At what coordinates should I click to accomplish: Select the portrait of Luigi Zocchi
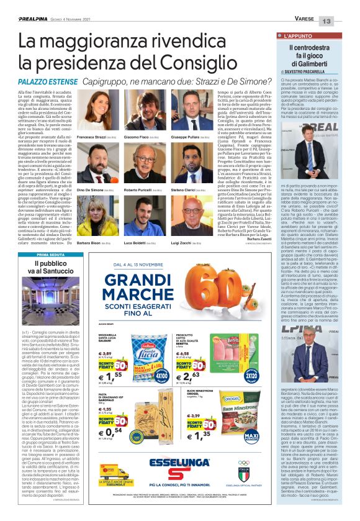[186, 215]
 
